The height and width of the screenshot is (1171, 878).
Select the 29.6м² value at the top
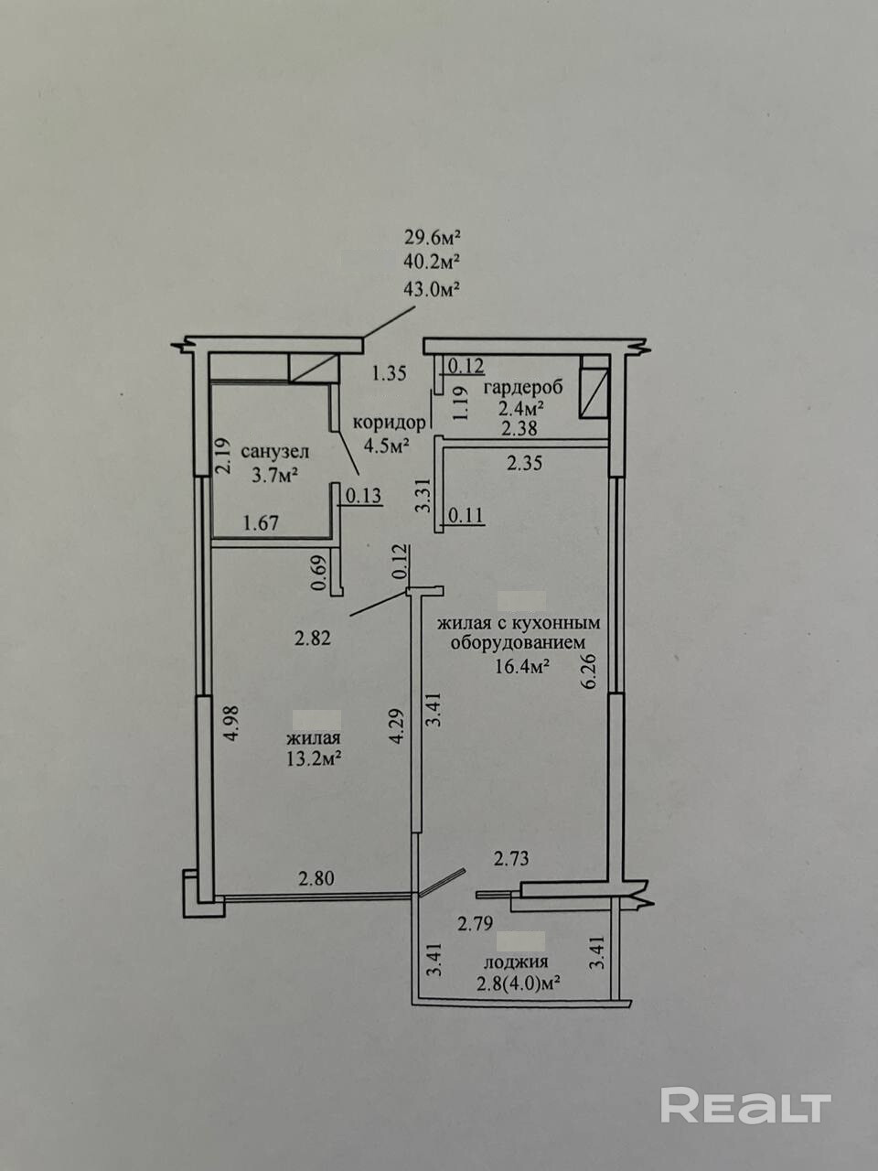(x=433, y=236)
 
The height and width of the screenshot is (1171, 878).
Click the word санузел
(x=275, y=452)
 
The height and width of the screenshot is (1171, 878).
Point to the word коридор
(x=391, y=423)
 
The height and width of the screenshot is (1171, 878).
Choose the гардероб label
(x=523, y=388)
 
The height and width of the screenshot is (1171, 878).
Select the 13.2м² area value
(x=314, y=758)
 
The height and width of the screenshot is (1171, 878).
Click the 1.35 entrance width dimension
(x=390, y=373)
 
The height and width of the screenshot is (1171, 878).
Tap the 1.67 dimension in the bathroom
(x=261, y=522)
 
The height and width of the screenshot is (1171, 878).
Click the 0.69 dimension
(x=319, y=573)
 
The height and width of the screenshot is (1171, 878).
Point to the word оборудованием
(x=519, y=644)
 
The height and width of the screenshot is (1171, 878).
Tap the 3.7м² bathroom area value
(x=274, y=474)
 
